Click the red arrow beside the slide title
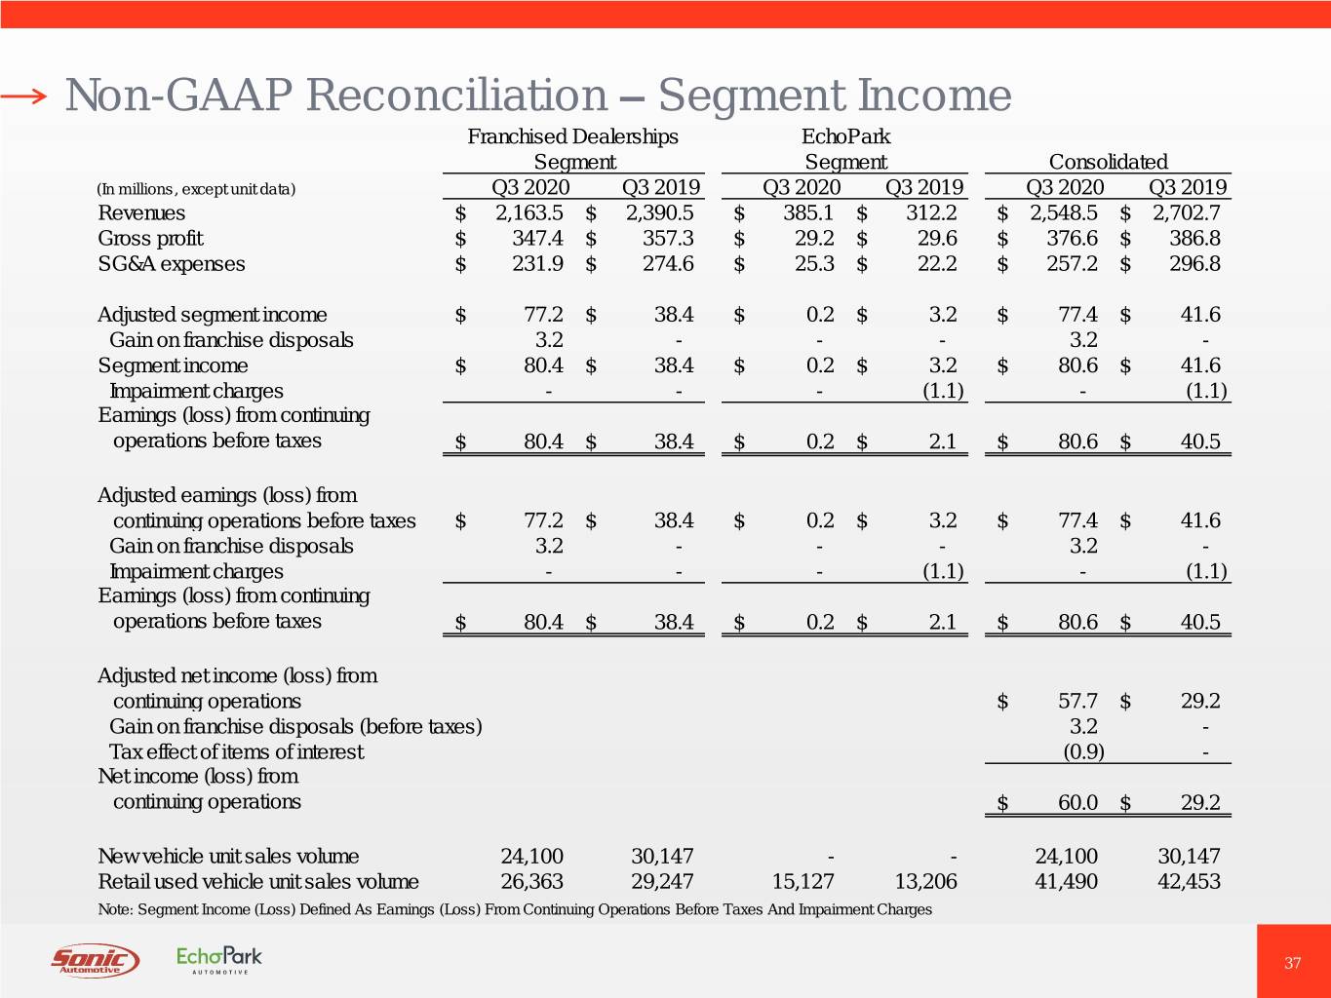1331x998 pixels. tap(23, 96)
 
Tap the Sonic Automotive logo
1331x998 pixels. tap(95, 960)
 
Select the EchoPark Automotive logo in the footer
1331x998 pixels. tap(219, 959)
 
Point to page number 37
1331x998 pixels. tap(1292, 963)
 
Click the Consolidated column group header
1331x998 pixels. tap(1108, 162)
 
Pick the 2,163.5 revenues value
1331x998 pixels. tap(528, 213)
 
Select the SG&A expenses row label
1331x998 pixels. tap(172, 264)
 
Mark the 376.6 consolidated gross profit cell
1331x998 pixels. tap(1072, 239)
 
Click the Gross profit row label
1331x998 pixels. tap(150, 239)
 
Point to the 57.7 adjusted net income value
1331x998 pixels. tap(1077, 701)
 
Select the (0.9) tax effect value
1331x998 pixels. tap(1082, 751)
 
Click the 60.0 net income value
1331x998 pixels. tap(1077, 802)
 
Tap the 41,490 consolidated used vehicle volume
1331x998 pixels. tap(1066, 882)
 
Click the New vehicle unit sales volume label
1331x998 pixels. tap(228, 857)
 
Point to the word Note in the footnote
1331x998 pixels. tap(115, 909)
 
